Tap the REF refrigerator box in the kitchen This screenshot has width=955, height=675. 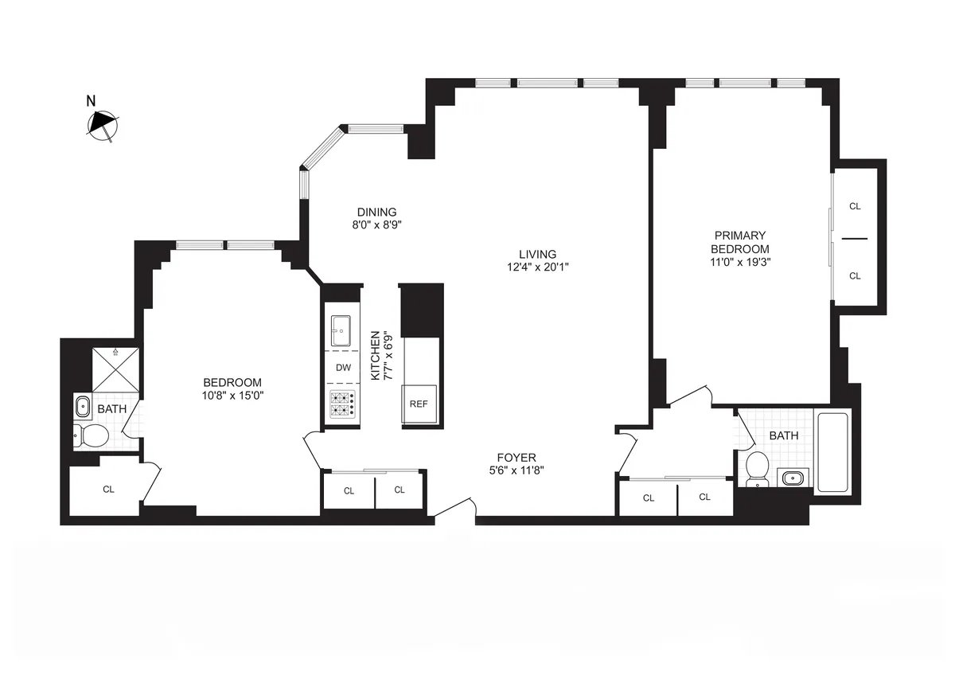coord(419,404)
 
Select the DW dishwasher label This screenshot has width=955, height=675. coord(343,368)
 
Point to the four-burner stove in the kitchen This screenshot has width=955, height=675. coord(343,404)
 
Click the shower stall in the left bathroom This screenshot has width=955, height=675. coord(115,369)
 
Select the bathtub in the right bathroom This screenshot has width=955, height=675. coord(833,452)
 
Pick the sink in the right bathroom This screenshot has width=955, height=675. coord(792,478)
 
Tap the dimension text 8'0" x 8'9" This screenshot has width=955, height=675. coord(376,225)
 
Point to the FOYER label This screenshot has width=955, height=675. coord(516,457)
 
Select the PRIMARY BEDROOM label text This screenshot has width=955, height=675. coord(740,242)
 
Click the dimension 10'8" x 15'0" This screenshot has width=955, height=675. coord(232,395)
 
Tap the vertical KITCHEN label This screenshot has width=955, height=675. coord(377,355)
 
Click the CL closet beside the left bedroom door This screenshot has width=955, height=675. coord(108,490)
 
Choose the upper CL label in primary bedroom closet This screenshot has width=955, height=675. coord(855,206)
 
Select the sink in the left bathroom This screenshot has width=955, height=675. coord(83,408)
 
